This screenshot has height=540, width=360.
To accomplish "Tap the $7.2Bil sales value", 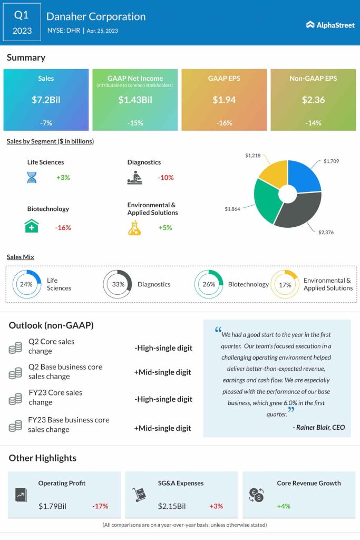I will click(x=46, y=99).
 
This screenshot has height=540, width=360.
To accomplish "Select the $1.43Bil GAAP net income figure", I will click(x=135, y=99).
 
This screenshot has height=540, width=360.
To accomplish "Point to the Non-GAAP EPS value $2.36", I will click(x=313, y=99).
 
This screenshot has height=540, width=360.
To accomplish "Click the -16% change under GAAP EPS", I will click(x=223, y=122).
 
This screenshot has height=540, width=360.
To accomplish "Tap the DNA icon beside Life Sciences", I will click(x=32, y=177).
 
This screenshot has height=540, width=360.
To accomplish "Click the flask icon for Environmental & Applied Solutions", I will click(x=134, y=228).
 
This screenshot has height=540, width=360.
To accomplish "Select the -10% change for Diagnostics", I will click(x=166, y=178).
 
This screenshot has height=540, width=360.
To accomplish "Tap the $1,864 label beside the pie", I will click(x=232, y=209).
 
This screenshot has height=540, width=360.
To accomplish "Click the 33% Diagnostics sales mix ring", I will click(x=118, y=284).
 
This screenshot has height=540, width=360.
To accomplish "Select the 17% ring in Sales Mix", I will click(x=285, y=284).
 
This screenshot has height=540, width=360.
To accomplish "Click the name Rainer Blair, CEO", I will click(x=319, y=427).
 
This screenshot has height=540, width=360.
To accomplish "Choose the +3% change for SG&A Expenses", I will click(x=216, y=506).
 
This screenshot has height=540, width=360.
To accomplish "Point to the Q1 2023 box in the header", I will click(x=22, y=23).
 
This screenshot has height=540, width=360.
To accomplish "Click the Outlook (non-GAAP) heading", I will click(x=51, y=325).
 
